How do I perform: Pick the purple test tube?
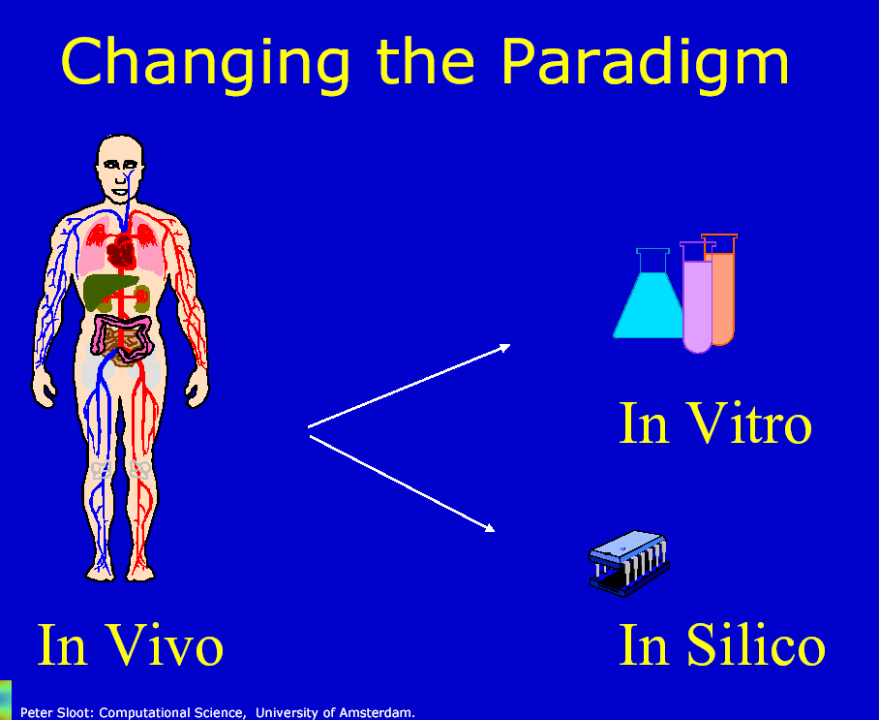[x=697, y=297]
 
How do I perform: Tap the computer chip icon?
[x=629, y=563]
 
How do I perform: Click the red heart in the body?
[x=122, y=251]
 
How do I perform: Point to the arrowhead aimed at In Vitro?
[x=504, y=347]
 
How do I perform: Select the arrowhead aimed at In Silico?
[x=489, y=527]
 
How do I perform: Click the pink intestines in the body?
[x=123, y=336]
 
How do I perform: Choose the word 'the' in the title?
[x=426, y=62]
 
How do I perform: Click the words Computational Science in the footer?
[x=172, y=712]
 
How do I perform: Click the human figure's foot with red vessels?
[x=140, y=572]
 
